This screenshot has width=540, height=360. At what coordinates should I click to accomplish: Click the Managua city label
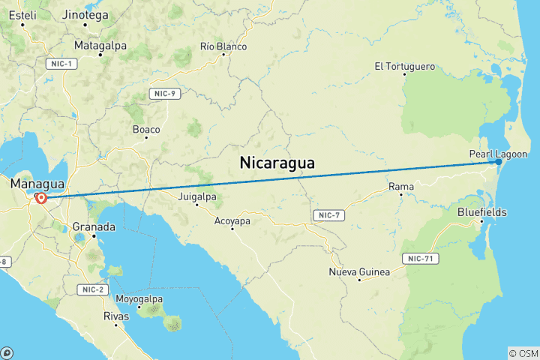pyautogui.click(x=35, y=184)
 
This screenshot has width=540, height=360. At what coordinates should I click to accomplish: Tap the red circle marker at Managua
pyautogui.click(x=41, y=199)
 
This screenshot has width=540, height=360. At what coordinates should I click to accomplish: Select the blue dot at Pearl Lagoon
pyautogui.click(x=498, y=161)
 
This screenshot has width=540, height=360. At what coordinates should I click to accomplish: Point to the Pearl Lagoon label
pyautogui.click(x=498, y=154)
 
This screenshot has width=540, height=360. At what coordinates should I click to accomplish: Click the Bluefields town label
pyautogui.click(x=481, y=212)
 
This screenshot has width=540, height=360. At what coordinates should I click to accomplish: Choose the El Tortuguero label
pyautogui.click(x=405, y=67)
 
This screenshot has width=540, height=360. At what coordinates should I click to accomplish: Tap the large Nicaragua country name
pyautogui.click(x=277, y=163)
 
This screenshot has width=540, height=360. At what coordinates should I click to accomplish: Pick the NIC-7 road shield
pyautogui.click(x=327, y=216)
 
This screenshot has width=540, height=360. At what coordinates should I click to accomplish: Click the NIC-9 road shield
pyautogui.click(x=163, y=94)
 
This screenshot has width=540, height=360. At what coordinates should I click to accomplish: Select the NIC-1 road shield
pyautogui.click(x=61, y=64)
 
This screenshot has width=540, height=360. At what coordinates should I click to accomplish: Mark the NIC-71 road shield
pyautogui.click(x=424, y=259)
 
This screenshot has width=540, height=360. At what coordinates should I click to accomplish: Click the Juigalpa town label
pyautogui.click(x=198, y=197)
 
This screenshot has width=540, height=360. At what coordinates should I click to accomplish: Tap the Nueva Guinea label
pyautogui.click(x=359, y=271)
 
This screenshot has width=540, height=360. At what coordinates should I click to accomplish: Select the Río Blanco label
pyautogui.click(x=223, y=46)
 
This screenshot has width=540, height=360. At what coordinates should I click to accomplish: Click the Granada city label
pyautogui.click(x=94, y=226)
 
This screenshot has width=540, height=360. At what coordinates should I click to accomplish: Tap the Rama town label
pyautogui.click(x=397, y=186)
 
